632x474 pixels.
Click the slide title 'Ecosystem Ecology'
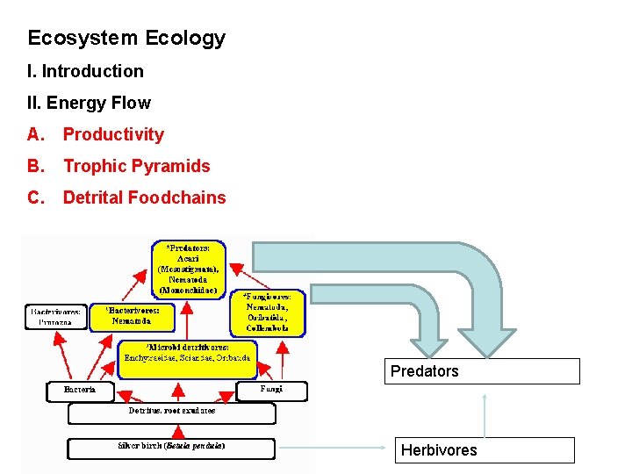pyautogui.click(x=126, y=39)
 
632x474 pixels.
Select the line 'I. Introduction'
pyautogui.click(x=85, y=71)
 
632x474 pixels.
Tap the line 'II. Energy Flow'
pyautogui.click(x=89, y=103)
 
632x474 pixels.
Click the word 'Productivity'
pyautogui.click(x=113, y=134)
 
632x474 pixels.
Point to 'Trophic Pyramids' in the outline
pyautogui.click(x=136, y=166)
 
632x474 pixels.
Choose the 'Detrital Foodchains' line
pyautogui.click(x=144, y=197)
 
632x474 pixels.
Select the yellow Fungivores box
pyautogui.click(x=268, y=312)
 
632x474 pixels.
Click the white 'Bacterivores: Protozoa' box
pyautogui.click(x=56, y=316)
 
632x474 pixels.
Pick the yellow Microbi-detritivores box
pyautogui.click(x=189, y=358)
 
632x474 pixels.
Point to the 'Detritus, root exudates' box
pyautogui.click(x=171, y=411)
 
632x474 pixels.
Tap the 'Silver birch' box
pyautogui.click(x=172, y=447)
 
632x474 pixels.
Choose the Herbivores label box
pyautogui.click(x=485, y=450)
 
